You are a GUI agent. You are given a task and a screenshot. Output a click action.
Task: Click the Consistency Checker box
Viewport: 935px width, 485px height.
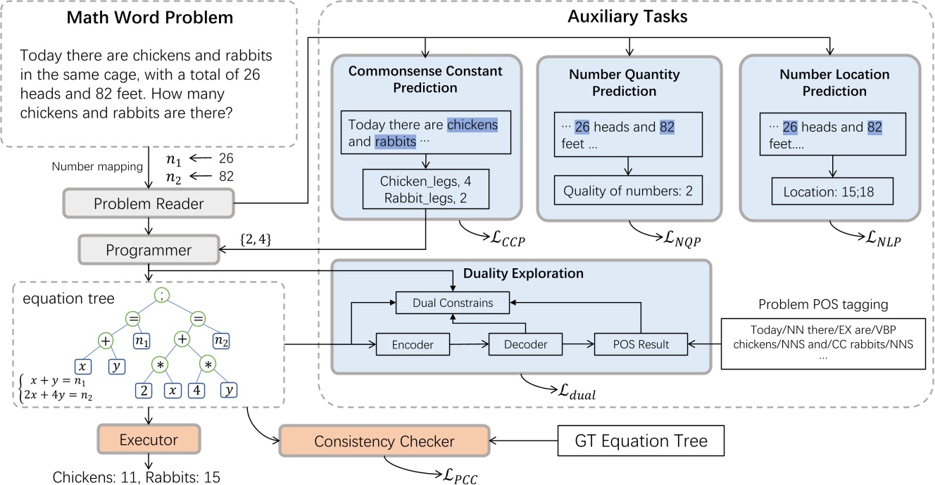pyautogui.click(x=384, y=441)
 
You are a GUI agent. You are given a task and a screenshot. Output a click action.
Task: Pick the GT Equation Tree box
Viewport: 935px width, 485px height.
pyautogui.click(x=640, y=441)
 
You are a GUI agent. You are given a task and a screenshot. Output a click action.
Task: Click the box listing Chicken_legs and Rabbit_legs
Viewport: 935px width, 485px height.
pyautogui.click(x=425, y=191)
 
